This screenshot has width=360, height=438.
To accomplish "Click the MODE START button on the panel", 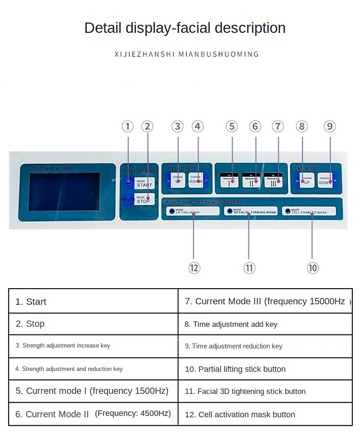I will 144,183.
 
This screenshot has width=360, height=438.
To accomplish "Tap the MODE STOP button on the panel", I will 144,199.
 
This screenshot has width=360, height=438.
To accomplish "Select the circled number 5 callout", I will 232,126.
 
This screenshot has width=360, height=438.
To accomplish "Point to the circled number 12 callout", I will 194,268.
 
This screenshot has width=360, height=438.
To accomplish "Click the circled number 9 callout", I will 330,126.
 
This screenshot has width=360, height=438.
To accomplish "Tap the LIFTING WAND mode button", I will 193,211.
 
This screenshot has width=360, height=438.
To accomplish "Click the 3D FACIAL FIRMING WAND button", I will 251,211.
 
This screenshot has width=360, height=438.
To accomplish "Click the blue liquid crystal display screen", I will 64,191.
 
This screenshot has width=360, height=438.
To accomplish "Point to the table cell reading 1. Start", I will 93,301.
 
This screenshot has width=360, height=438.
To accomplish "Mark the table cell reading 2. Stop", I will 93,324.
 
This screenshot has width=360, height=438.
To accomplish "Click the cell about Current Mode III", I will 265,301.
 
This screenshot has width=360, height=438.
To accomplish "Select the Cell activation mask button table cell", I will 265,414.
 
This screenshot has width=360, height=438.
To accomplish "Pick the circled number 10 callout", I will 313,268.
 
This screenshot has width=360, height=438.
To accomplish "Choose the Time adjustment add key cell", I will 265,324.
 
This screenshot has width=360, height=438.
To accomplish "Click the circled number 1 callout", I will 128,126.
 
